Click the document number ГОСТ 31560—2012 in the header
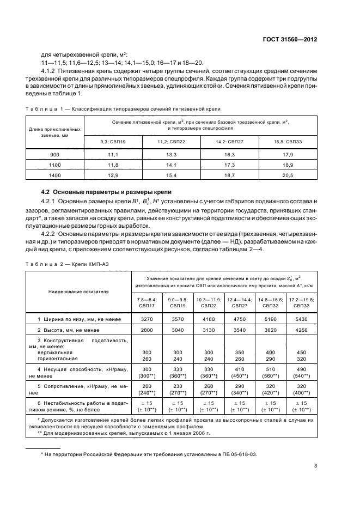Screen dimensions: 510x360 pyautogui.click(x=289, y=40)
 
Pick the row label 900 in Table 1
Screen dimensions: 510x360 pyautogui.click(x=54, y=155)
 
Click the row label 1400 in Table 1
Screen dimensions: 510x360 pyautogui.click(x=54, y=175)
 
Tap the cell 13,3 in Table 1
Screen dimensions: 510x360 pyautogui.click(x=172, y=155)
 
